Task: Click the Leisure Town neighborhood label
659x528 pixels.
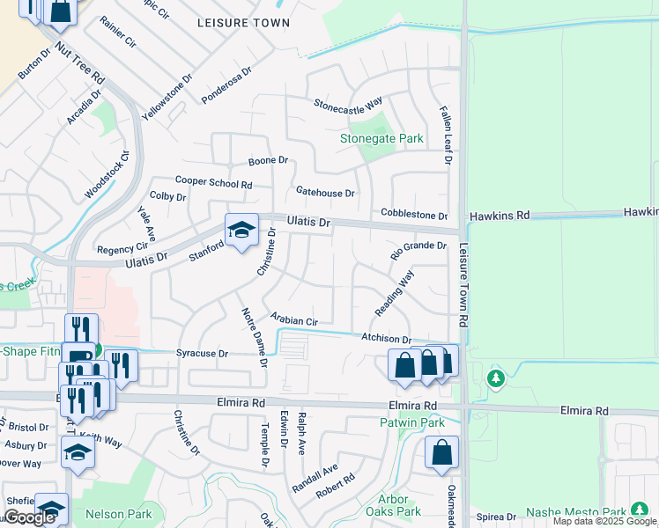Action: pyautogui.click(x=243, y=23)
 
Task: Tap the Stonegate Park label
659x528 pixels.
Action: pyautogui.click(x=382, y=138)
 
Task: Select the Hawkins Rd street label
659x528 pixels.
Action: pyautogui.click(x=499, y=215)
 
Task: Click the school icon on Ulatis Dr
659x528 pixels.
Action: pyautogui.click(x=241, y=231)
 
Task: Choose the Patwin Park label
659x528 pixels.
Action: pyautogui.click(x=421, y=422)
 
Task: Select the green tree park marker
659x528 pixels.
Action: pyautogui.click(x=496, y=378)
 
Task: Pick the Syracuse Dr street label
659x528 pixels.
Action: pyautogui.click(x=203, y=353)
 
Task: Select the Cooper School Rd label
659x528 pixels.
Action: pyautogui.click(x=213, y=181)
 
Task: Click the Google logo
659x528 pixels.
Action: pyautogui.click(x=28, y=517)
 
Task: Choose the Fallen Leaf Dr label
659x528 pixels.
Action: pyautogui.click(x=446, y=136)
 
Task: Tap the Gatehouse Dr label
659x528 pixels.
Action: pyautogui.click(x=325, y=192)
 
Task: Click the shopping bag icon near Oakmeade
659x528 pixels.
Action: pyautogui.click(x=441, y=451)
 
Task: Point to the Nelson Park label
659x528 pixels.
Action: pyautogui.click(x=118, y=514)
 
